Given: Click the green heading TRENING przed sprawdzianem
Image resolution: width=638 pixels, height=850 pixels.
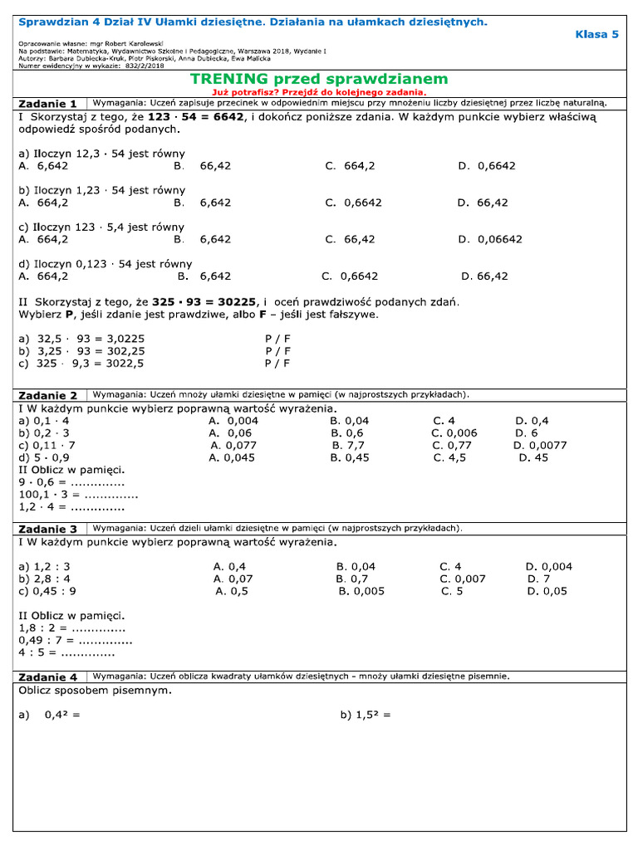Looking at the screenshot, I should (x=319, y=79).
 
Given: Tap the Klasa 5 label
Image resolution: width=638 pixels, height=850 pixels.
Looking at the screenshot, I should (x=596, y=34).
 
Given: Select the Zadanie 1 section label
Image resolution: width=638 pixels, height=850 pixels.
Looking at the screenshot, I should (x=47, y=104).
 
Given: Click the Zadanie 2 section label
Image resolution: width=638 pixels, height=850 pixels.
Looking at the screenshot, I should (x=47, y=395).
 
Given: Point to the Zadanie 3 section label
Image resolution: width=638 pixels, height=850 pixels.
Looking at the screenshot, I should (x=47, y=529).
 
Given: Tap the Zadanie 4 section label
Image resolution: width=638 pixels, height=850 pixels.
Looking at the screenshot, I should (x=47, y=677).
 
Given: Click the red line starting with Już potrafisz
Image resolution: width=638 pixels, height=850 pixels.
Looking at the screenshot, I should (x=319, y=92).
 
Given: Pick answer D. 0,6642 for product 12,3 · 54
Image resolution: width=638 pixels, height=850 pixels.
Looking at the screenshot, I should (x=486, y=165).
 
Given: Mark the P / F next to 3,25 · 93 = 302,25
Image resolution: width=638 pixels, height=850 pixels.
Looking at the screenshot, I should (x=277, y=350).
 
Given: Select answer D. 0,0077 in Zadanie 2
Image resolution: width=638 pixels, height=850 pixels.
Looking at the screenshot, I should (x=540, y=445).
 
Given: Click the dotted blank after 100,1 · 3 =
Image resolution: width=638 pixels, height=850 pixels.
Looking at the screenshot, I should (x=111, y=495).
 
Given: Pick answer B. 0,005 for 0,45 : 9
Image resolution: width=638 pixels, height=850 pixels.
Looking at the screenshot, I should (x=361, y=591).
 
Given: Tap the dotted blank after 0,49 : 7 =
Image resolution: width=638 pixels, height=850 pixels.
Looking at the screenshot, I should (x=105, y=641).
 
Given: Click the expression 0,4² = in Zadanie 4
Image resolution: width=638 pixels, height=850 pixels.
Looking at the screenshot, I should (x=62, y=715).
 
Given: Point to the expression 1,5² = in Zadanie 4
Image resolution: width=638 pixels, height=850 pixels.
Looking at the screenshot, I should (x=365, y=715).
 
